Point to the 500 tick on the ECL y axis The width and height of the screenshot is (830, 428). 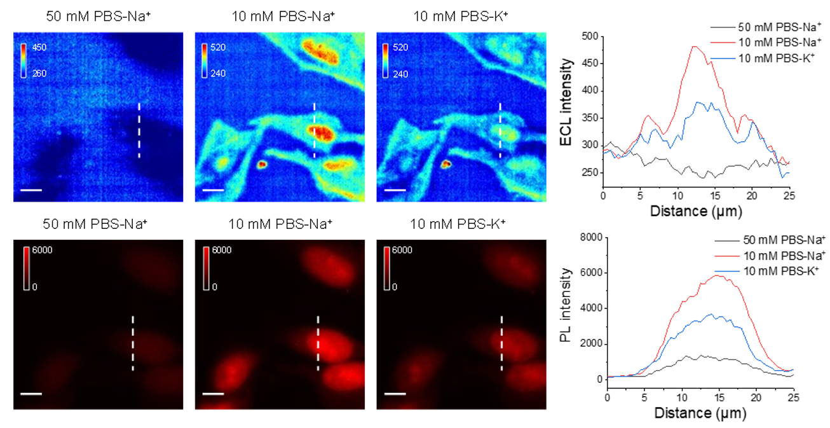(x=590, y=36)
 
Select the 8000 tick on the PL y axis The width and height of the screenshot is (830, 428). (x=590, y=237)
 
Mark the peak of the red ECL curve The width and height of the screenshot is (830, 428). (x=693, y=46)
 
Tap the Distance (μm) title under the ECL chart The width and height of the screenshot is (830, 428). (x=696, y=211)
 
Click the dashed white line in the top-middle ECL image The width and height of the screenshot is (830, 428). (x=315, y=130)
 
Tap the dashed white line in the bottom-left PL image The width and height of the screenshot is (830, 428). (x=133, y=343)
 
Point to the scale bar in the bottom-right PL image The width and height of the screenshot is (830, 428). (x=395, y=393)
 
